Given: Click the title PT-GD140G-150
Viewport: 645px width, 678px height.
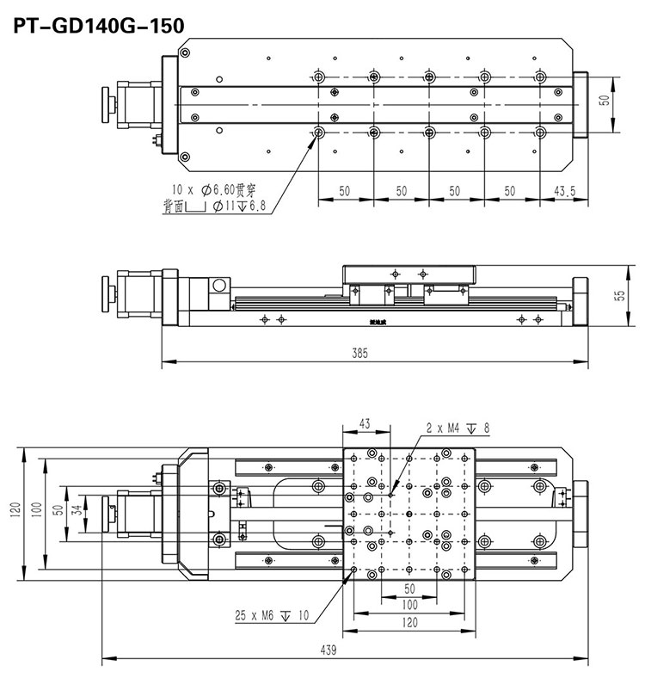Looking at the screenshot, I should coord(98,26).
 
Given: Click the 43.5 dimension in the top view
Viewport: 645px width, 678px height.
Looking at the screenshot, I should coord(564,191).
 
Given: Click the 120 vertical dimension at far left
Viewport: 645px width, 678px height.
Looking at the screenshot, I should coord(14,512).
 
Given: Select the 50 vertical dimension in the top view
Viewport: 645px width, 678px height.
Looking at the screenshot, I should coord(605,100).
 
